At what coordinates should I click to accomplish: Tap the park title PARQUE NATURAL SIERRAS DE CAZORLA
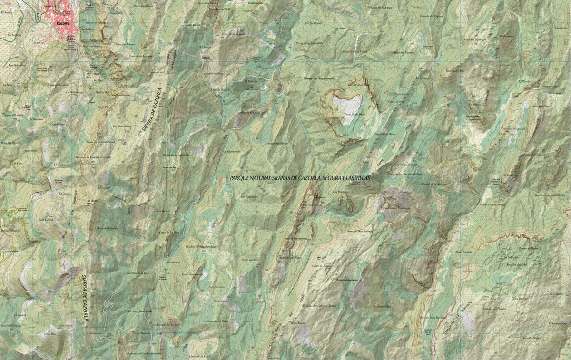coord(299,177)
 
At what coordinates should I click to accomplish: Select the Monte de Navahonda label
coord(319,78)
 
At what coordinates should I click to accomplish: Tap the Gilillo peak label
coord(93,202)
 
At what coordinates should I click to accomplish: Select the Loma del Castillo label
coord(57,85)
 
